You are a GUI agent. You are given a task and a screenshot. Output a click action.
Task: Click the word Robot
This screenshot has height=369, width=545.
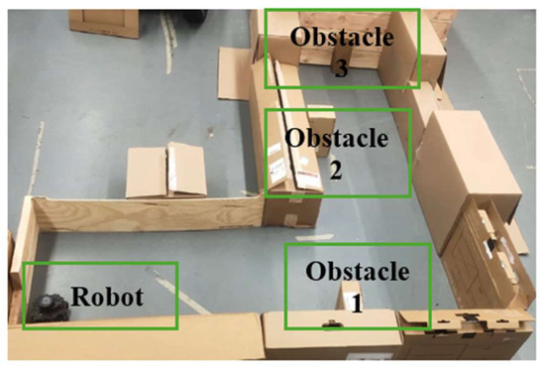point(107,297)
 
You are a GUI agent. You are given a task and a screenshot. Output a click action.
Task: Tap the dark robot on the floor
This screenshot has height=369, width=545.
point(48,308)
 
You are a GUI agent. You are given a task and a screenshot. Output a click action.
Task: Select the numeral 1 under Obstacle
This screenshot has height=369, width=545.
point(357,304)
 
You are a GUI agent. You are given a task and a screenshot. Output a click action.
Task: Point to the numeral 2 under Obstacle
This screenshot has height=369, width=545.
point(335,170)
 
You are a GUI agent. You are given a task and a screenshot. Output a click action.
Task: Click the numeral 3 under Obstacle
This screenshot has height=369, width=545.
point(341,68)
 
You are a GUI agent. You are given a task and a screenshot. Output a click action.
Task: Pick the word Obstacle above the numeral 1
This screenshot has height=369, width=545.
point(358,271)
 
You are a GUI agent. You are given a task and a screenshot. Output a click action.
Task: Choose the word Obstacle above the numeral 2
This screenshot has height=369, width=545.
point(337,138)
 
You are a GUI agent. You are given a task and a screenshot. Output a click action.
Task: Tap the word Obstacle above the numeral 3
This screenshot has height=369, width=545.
point(342,37)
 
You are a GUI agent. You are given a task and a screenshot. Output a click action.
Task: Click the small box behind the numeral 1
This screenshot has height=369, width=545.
point(349,297)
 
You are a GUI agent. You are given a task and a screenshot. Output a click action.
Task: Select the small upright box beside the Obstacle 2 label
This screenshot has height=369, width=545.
point(322,130)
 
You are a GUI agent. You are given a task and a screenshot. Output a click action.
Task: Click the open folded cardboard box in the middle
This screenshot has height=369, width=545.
point(166,171)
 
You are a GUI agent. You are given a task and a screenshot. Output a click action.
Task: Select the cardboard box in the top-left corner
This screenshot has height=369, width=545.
point(104,23)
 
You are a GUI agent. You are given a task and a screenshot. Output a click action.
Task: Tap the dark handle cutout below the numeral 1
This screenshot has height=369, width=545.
point(333,324)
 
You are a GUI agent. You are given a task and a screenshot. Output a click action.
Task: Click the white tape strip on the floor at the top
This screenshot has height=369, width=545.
point(168,42)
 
